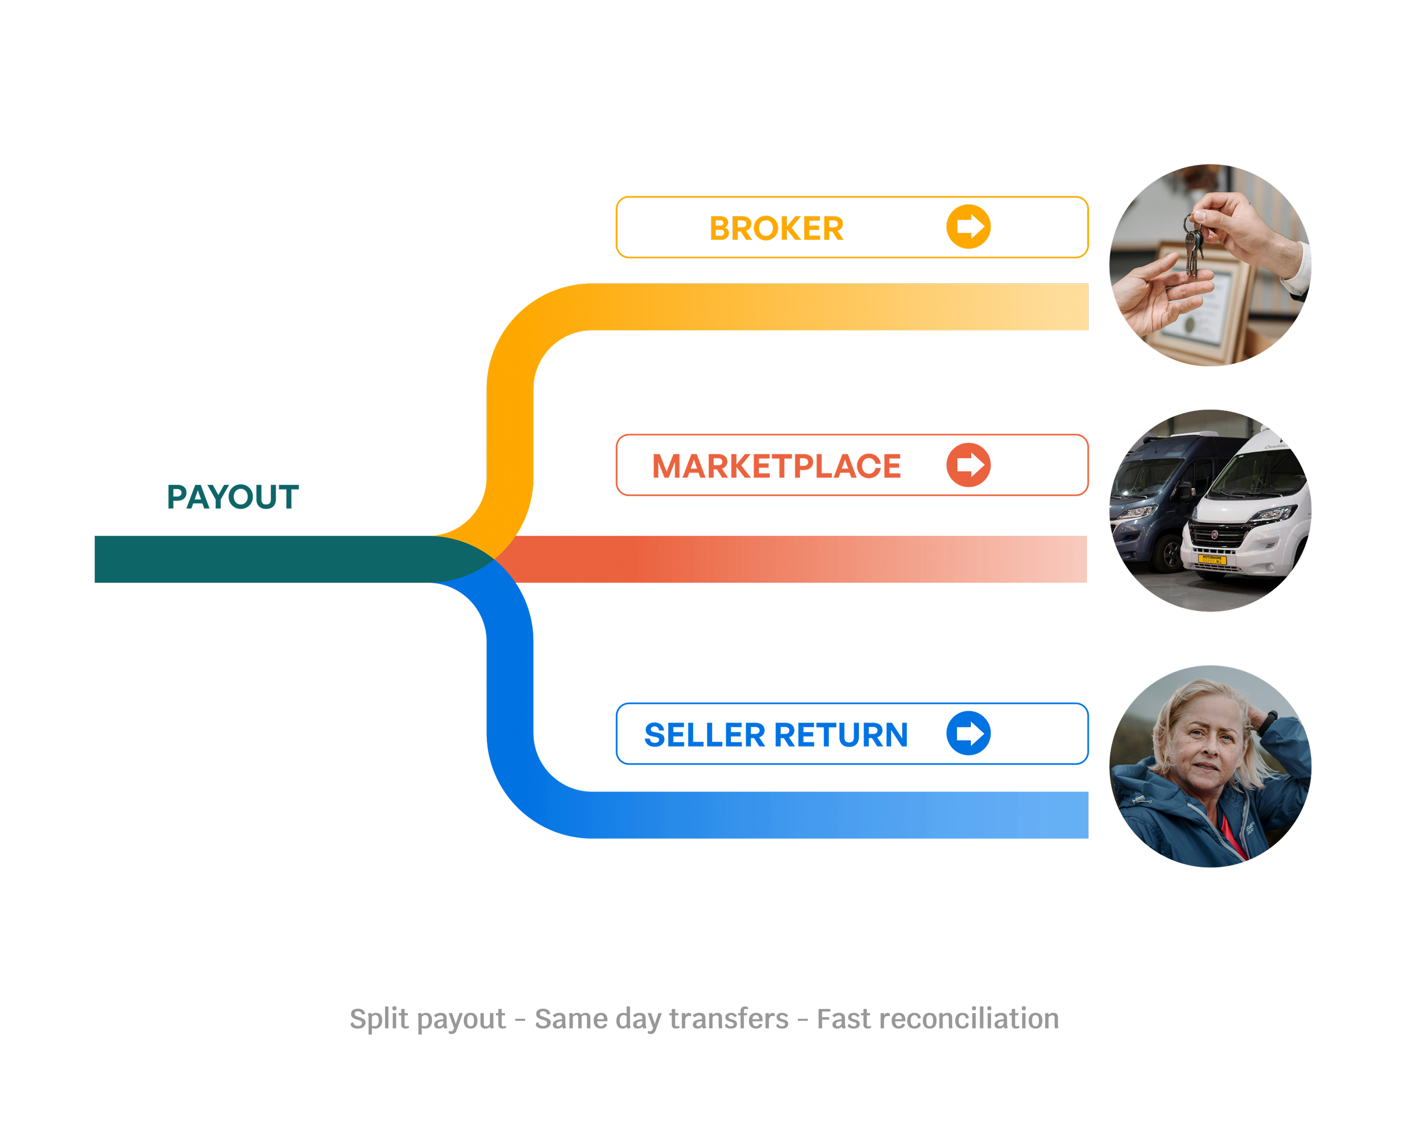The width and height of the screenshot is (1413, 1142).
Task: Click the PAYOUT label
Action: coord(233,497)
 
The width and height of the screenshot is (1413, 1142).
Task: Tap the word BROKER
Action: coord(776,229)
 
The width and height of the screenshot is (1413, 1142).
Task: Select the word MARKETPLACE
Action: coord(776,467)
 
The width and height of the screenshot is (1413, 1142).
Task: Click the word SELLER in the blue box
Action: coord(704,735)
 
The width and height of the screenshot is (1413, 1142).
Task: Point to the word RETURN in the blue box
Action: coord(841,735)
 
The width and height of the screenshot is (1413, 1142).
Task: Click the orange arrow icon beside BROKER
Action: coord(968,227)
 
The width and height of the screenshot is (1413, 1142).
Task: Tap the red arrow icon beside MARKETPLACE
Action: coord(968,465)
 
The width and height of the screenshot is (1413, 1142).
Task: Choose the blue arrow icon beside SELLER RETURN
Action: coord(968,733)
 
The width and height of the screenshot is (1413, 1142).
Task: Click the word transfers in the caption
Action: coord(729,1019)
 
